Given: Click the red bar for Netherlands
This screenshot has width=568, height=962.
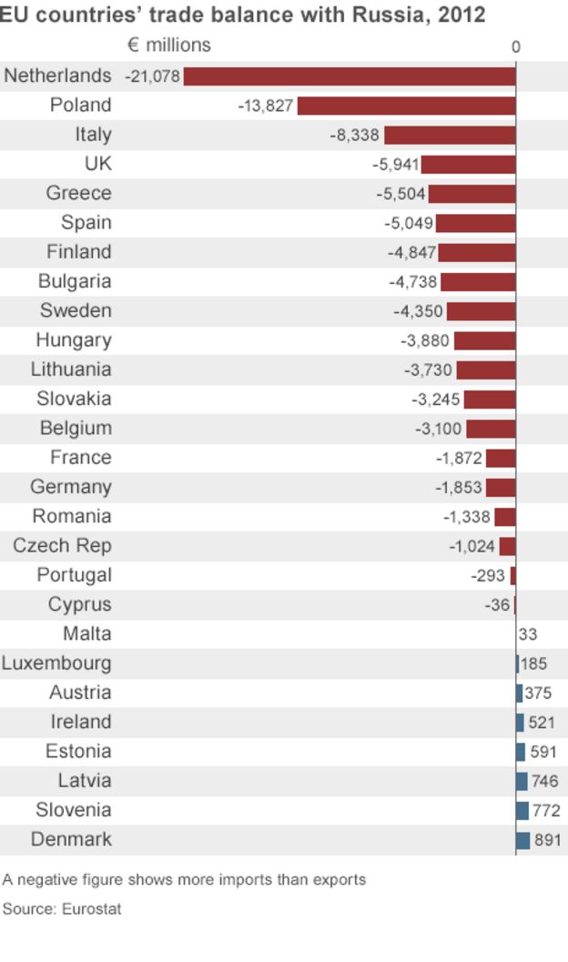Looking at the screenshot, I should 350,76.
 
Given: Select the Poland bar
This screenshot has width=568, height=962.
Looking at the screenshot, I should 406,106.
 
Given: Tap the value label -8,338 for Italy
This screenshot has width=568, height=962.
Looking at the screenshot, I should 355,136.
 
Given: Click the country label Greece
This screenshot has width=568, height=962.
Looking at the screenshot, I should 79,193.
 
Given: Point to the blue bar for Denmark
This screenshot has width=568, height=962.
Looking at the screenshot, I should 522,840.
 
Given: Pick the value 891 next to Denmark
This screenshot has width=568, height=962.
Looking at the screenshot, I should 547,840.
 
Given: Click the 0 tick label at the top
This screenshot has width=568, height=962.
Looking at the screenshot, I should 516,47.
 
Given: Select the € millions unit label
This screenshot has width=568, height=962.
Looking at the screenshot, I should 169,46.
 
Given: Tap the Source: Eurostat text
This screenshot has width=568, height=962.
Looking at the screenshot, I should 62,908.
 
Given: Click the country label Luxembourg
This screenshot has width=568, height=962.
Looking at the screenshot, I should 56,663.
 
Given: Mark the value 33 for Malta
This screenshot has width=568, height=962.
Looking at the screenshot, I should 528,634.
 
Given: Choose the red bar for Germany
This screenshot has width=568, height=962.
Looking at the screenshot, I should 501,488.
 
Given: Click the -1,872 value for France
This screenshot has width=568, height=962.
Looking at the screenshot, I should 459,459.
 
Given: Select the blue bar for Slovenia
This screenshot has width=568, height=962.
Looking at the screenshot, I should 522,810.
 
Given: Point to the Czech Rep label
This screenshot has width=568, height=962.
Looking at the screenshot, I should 62,546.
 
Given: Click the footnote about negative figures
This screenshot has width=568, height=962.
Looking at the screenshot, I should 184,880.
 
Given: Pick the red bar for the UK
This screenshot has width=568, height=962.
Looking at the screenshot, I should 468,165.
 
